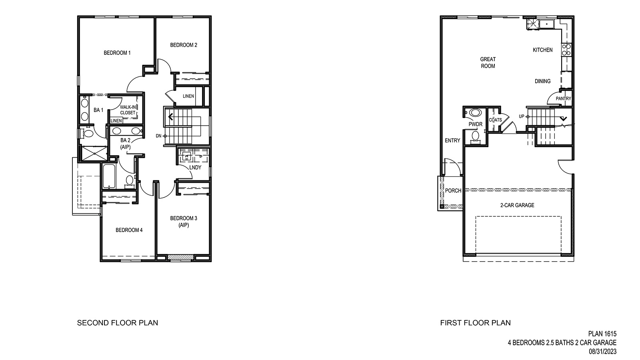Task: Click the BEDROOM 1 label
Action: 117,53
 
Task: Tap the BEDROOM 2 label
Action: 184,45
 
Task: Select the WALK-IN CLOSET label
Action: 128,110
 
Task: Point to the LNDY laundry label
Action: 195,167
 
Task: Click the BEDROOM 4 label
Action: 129,230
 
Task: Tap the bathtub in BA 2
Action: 108,177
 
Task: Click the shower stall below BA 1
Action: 94,152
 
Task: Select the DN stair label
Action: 159,136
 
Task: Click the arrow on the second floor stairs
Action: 170,117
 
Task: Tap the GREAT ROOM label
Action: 488,62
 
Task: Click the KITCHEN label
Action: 543,50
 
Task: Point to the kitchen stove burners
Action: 566,49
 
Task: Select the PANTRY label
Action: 564,99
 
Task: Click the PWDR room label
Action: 476,124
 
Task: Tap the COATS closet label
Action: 495,120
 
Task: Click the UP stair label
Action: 522,116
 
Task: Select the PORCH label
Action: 453,191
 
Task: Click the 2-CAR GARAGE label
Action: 517,205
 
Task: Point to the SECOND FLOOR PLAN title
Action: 118,323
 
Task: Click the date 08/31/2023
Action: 603,352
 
